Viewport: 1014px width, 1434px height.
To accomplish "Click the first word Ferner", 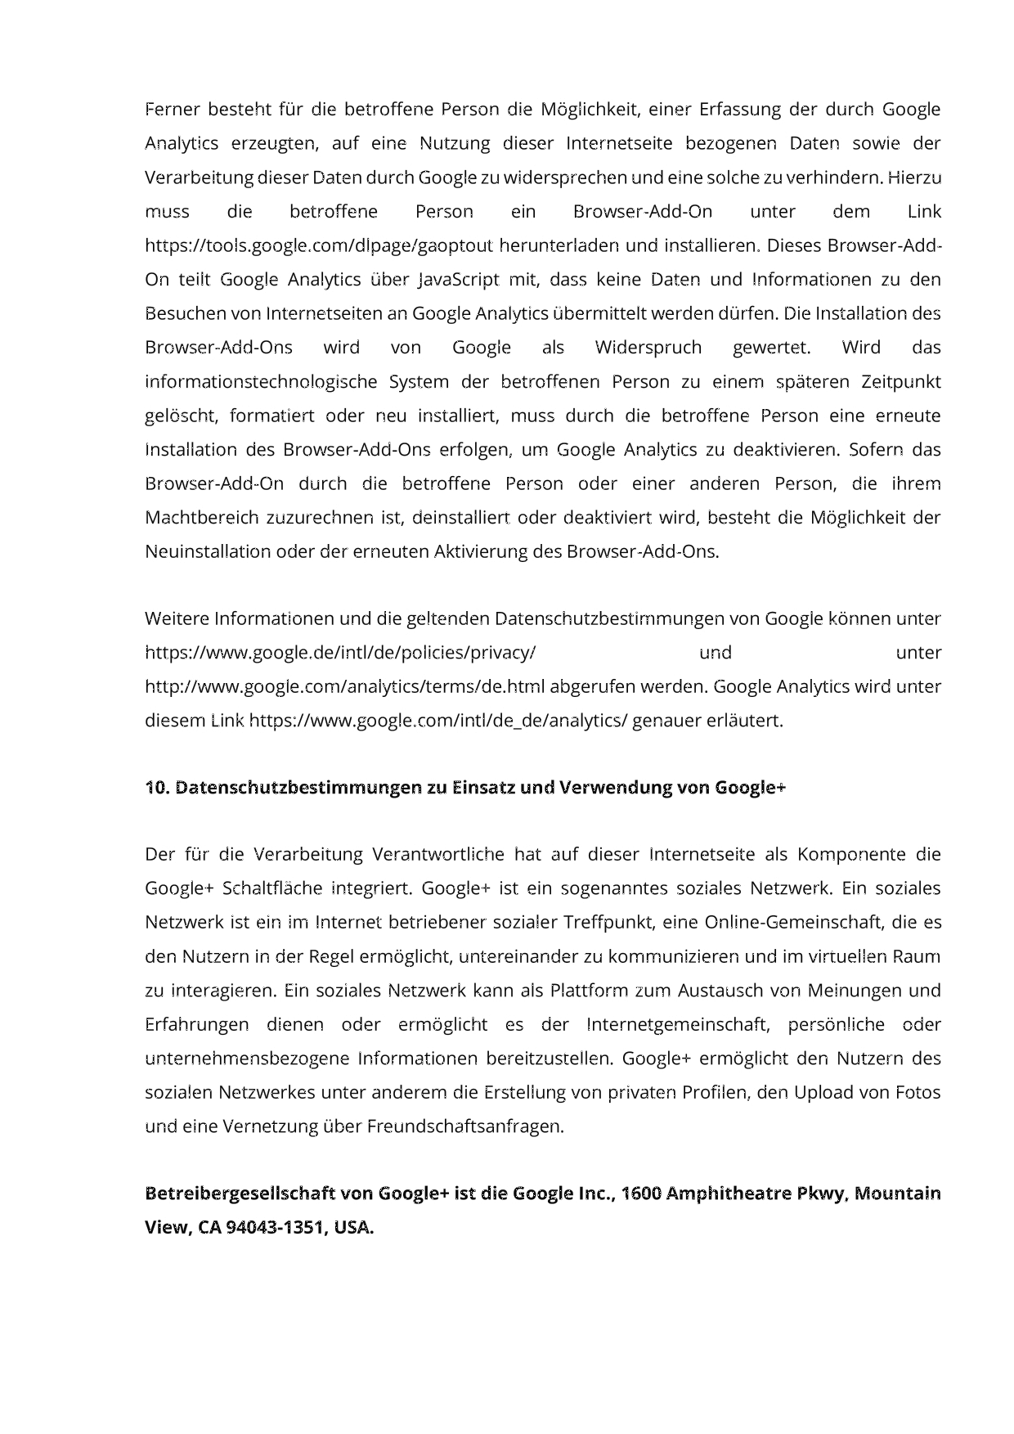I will pos(171,110).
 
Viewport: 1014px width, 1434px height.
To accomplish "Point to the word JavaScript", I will pos(459,280).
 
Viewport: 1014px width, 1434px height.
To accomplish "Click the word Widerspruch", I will pos(648,348).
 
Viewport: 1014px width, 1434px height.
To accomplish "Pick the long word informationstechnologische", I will pos(261,382).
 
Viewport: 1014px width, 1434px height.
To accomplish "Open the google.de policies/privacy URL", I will pos(340,653).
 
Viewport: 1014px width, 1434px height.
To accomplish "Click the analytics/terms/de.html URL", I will pos(345,686).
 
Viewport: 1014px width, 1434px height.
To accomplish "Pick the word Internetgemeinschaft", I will pos(678,1025).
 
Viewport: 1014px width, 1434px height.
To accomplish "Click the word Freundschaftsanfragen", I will pos(465,1126).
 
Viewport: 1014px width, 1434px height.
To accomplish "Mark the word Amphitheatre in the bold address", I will pos(729,1194).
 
